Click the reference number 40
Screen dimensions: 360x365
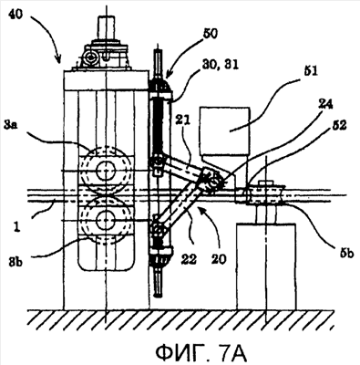click(x=15, y=15)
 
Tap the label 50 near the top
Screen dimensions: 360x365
click(x=210, y=34)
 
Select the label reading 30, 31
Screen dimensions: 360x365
click(x=221, y=64)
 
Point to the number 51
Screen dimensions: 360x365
click(x=308, y=72)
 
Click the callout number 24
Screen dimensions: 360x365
click(x=325, y=104)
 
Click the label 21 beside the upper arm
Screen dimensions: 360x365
click(x=182, y=120)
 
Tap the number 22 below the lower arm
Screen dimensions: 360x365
click(x=189, y=259)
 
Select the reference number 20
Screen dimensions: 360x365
click(x=218, y=259)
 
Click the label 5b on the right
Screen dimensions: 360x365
click(x=345, y=253)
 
